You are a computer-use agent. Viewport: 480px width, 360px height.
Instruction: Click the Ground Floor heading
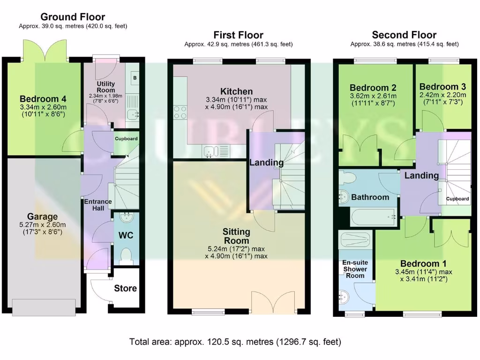pos(73,17)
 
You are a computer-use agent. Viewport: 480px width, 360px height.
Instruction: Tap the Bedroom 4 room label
pos(43,99)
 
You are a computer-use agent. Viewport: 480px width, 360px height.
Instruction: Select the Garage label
pos(42,217)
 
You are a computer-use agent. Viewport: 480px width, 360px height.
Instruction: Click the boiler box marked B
pos(135,78)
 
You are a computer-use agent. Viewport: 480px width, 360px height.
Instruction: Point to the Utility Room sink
pos(133,114)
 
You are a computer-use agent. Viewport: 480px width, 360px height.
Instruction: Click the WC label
pos(126,235)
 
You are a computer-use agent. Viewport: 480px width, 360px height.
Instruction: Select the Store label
pos(125,288)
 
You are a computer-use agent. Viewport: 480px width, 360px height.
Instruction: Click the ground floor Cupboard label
pos(126,139)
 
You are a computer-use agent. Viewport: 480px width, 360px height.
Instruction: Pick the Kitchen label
pos(236,91)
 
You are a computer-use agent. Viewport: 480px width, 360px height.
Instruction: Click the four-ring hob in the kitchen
pos(180,112)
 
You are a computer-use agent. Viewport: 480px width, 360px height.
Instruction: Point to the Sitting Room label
pos(236,236)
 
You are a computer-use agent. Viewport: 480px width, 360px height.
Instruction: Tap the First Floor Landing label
pos(266,163)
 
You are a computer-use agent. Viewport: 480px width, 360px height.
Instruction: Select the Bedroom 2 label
pos(373,88)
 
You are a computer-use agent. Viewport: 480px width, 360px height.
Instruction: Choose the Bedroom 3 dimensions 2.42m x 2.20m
pos(442,95)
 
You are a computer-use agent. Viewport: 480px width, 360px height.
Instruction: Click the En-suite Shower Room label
pos(355,269)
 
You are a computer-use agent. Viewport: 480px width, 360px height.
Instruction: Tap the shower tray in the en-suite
pos(355,240)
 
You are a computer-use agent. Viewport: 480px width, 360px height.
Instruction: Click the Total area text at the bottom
pos(235,342)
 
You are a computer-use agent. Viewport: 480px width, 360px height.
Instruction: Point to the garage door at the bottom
pos(44,307)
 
